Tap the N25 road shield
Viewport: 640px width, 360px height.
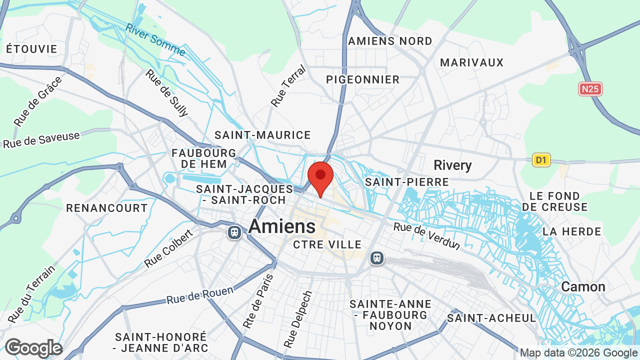point(590,89)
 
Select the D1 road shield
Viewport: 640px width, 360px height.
point(541,160)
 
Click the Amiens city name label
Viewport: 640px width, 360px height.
point(282,226)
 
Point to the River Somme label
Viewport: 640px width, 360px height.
point(155,39)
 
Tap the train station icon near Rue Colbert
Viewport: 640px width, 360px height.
point(234,232)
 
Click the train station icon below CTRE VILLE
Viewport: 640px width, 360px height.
point(376,258)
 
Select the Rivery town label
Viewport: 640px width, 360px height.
point(452,165)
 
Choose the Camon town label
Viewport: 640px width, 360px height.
point(583,286)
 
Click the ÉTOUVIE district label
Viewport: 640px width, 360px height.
point(32,49)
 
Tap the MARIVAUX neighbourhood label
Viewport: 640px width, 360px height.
point(472,62)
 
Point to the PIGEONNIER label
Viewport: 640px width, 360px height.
point(363,79)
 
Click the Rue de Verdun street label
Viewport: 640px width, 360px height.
point(426,235)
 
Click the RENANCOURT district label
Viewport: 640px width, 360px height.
point(107,208)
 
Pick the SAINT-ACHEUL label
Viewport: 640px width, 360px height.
point(491,318)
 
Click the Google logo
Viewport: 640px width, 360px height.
point(33,348)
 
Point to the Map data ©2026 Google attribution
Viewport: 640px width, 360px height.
point(579,353)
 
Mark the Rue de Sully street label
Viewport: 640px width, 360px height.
point(166,93)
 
